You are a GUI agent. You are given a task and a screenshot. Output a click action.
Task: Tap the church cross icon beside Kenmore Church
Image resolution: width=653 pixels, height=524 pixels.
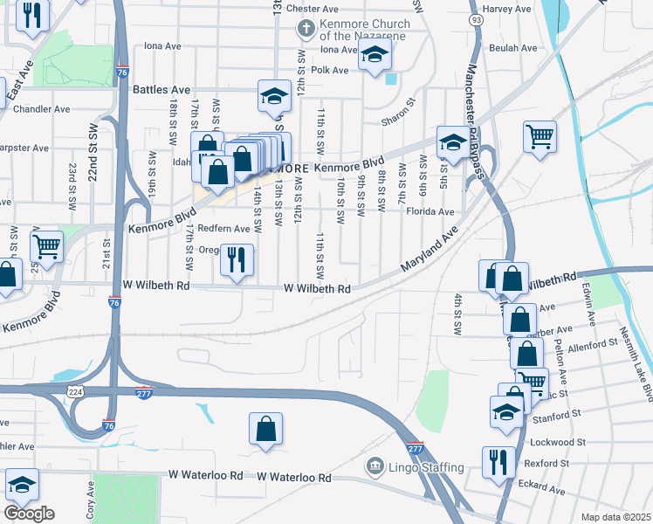306,29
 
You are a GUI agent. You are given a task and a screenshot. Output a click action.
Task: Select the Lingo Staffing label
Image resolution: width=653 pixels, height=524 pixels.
427,467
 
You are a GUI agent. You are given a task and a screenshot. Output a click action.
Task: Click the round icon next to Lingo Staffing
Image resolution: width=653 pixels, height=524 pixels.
375,467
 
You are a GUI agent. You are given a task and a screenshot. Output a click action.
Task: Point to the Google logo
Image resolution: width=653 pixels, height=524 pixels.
29,514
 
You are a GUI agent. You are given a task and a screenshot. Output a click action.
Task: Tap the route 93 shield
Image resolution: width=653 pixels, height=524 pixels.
475,18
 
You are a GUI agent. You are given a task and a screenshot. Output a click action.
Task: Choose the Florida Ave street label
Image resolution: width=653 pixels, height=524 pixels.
429,211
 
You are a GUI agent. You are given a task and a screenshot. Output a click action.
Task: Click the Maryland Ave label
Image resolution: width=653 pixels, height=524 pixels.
430,250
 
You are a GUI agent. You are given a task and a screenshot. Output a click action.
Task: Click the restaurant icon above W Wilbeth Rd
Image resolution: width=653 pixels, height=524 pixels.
237,259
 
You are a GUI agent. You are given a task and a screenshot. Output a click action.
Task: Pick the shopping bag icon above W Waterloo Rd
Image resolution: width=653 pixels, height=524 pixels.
266,430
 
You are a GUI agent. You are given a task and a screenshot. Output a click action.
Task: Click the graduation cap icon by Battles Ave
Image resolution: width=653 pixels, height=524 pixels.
274,96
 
